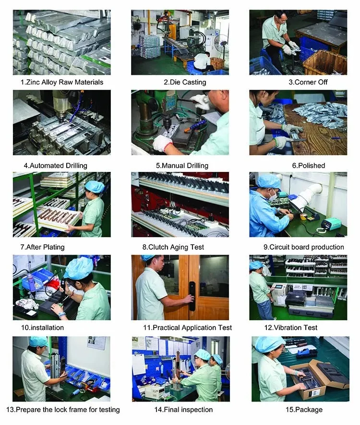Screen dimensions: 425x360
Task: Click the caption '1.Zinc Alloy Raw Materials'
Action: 62,82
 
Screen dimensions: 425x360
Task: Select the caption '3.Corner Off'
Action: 308,82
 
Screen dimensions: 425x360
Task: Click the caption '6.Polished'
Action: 308,166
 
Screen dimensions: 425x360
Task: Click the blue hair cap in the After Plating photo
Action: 95,186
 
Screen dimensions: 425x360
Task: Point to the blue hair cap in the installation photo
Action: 79,268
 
